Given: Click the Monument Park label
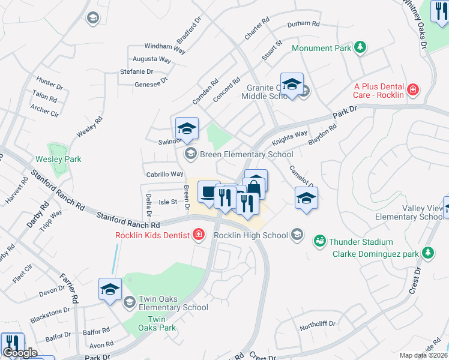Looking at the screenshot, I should pos(321,48).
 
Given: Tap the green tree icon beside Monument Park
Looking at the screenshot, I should pos(360,47).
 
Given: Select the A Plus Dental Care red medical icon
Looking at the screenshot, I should pos(412,90).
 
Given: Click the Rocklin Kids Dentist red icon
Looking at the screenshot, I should pos(198,235).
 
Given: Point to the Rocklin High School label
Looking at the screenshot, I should pos(251,235).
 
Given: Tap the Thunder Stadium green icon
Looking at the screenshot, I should pos(319,241).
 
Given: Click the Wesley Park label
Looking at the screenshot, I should pos(58,159).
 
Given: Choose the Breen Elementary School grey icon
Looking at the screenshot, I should pos(190,154).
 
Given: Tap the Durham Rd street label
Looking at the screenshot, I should pos(304,24).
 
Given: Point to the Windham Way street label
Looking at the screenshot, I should pos(164,47).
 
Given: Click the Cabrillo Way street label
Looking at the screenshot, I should pos(164,174).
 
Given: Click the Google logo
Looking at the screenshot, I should pos(20,353).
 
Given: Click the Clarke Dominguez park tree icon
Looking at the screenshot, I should pos(427,253).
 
